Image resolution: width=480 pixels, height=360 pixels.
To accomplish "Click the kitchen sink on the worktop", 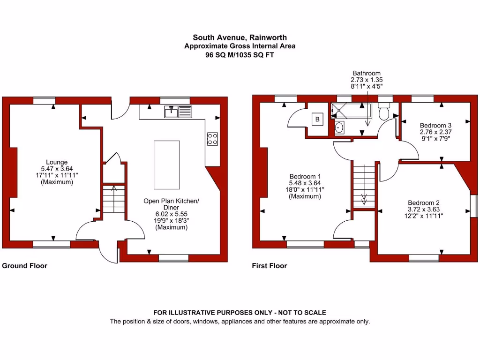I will click(178, 112).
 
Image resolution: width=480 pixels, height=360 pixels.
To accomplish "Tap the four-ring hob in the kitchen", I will click(212, 138).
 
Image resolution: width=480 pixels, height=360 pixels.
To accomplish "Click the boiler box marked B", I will click(317, 120).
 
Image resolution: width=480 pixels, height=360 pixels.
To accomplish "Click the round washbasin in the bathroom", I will click(339, 127).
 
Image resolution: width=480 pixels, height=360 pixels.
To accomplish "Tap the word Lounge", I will click(57, 163).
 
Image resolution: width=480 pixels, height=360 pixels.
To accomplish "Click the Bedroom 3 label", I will click(435, 126).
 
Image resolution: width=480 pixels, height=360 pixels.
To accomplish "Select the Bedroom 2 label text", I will click(423, 203).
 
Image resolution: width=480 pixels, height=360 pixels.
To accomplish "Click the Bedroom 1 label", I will click(305, 177).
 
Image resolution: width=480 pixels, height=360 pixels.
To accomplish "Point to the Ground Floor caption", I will click(25, 266).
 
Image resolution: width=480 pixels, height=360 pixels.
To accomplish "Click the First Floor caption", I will click(270, 266).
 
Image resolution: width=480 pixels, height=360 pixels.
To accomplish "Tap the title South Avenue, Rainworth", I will click(240, 37).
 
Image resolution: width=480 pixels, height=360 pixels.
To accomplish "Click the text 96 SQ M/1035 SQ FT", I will click(240, 54).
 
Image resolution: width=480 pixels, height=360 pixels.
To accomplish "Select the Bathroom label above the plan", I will click(367, 73).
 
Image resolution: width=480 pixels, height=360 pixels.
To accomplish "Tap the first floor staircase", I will click(364, 185).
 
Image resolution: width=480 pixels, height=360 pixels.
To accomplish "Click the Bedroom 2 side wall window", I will click(473, 205).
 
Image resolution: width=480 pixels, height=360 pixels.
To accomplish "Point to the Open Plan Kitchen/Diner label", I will click(171, 204).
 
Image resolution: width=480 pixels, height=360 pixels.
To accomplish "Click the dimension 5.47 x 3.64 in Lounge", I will click(57, 169).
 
